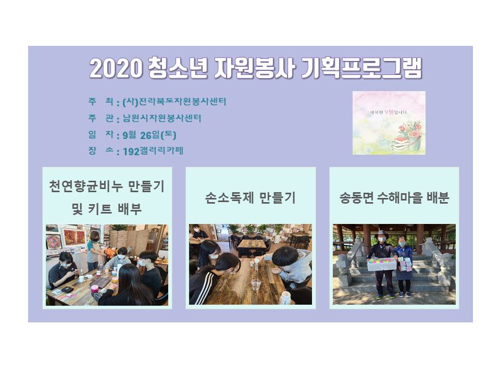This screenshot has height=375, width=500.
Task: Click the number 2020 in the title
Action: click(116, 68)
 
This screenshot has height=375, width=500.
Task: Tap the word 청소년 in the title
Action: click(178, 68)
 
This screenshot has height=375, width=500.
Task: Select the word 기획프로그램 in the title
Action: click(361, 68)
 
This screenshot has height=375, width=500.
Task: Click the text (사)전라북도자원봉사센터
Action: click(174, 102)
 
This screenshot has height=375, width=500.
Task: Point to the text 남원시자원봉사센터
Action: click(162, 118)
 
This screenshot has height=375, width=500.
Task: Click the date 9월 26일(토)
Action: click(149, 135)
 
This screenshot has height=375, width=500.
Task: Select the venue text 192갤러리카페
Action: click(153, 151)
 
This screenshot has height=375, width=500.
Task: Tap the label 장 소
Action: click(101, 150)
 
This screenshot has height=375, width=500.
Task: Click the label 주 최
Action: click(101, 102)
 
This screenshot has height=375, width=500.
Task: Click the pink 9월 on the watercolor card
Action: click(389, 111)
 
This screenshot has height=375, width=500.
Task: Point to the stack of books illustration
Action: click(401, 144)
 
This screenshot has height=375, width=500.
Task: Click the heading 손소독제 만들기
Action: click(251, 198)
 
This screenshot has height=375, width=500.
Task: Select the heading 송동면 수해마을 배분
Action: click(394, 198)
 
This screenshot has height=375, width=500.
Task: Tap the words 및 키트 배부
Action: click(106, 209)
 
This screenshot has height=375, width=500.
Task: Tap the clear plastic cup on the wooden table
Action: click(256, 285)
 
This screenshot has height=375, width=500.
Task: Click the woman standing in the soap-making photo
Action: click(94, 251)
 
